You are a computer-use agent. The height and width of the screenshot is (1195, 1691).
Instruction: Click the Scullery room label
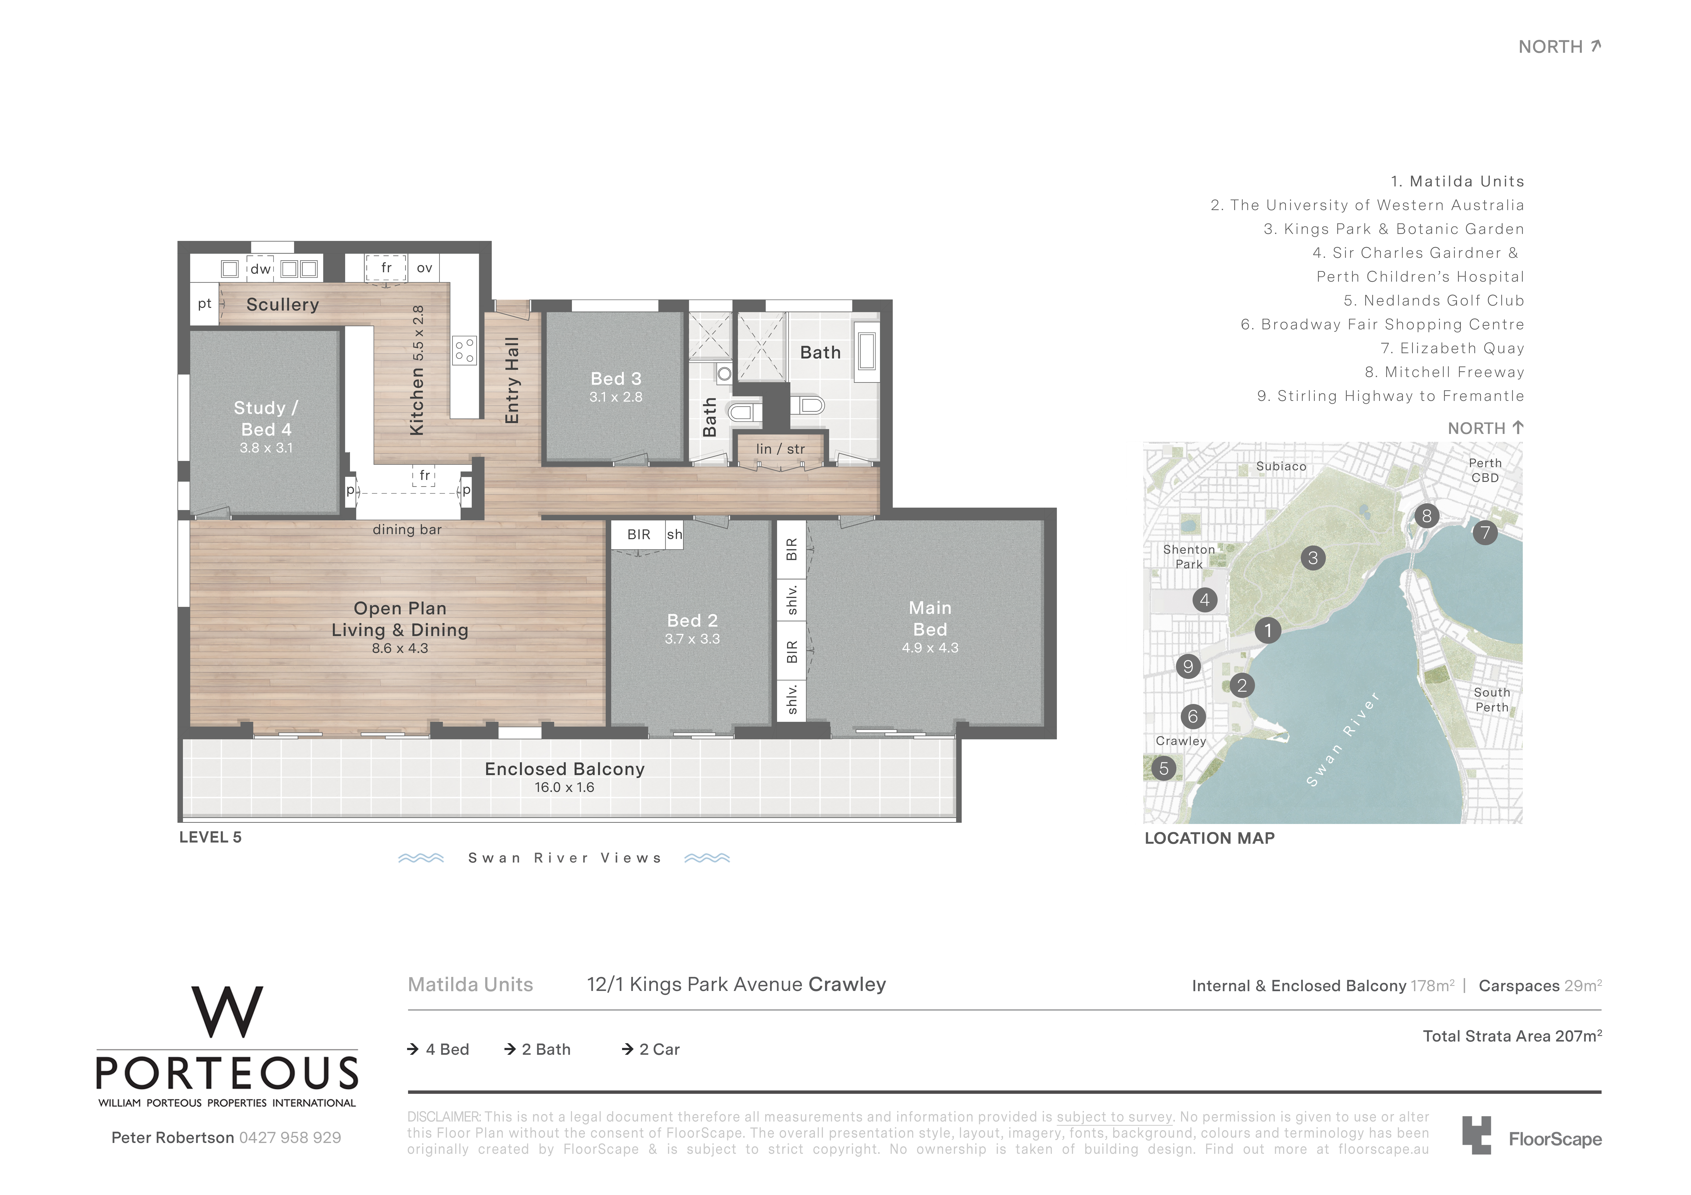click(283, 305)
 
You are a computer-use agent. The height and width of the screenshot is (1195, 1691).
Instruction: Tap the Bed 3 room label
click(616, 378)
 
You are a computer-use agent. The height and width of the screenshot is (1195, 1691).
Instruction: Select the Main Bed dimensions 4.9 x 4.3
click(930, 648)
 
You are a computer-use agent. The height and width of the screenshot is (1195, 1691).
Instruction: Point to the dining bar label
click(407, 529)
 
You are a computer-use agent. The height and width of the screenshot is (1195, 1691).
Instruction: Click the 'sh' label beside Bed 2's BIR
click(675, 535)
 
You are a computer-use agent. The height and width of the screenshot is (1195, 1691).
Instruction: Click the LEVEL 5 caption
click(211, 837)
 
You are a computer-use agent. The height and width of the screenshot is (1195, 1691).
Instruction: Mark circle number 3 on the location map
click(1313, 558)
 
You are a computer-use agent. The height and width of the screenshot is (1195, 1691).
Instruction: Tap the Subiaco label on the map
click(1282, 466)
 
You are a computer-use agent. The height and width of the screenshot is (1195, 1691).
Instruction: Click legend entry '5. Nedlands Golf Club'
click(1434, 300)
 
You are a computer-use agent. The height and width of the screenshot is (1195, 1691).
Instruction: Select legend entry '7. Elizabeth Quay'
click(1452, 348)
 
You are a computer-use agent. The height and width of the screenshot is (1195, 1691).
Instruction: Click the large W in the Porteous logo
click(227, 1012)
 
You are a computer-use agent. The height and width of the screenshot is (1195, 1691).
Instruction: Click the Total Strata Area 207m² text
click(1512, 1036)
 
